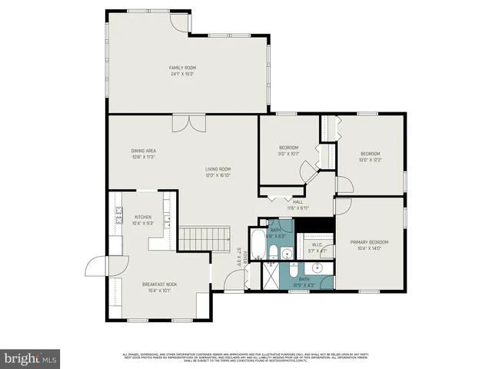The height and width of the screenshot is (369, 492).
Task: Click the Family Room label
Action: click(x=182, y=71)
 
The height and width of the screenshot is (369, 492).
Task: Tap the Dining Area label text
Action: click(x=144, y=153)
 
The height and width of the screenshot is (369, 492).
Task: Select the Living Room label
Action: click(x=218, y=171)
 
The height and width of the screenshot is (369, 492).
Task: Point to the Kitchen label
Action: click(x=143, y=220)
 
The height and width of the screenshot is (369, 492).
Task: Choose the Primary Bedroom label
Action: click(x=369, y=245)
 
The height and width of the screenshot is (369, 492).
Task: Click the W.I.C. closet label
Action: click(x=317, y=248)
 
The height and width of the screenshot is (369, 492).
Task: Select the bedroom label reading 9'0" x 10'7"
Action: click(x=288, y=151)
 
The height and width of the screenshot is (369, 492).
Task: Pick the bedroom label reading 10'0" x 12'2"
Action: click(x=370, y=157)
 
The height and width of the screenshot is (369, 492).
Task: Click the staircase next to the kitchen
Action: click(x=204, y=239)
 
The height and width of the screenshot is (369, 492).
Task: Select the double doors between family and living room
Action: click(x=189, y=123)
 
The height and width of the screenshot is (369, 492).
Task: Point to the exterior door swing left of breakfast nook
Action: click(x=98, y=267)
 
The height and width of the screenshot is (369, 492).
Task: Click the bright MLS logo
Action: click(x=31, y=358)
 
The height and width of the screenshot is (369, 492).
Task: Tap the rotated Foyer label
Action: click(x=238, y=258)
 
